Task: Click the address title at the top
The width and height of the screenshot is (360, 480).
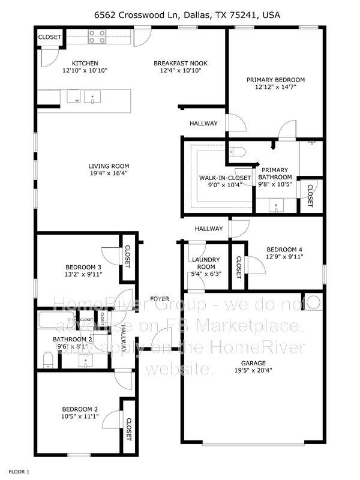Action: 179,15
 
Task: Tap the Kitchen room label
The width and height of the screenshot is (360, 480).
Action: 85,63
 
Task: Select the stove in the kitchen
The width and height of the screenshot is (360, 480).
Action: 97,37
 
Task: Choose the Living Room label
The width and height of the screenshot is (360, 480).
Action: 109,166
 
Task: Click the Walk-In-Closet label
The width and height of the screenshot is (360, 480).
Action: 217,178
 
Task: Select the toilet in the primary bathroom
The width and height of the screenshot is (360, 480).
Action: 235,152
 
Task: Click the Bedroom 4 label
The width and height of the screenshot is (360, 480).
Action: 285,249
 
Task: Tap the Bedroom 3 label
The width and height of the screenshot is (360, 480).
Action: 83,267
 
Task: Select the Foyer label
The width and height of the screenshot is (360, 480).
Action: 159,298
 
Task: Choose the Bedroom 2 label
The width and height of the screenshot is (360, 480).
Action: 80,409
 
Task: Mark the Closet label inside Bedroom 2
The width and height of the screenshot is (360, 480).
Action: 128,430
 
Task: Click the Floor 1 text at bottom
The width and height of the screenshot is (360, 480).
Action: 19,472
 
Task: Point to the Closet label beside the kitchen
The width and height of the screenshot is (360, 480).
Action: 50,37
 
